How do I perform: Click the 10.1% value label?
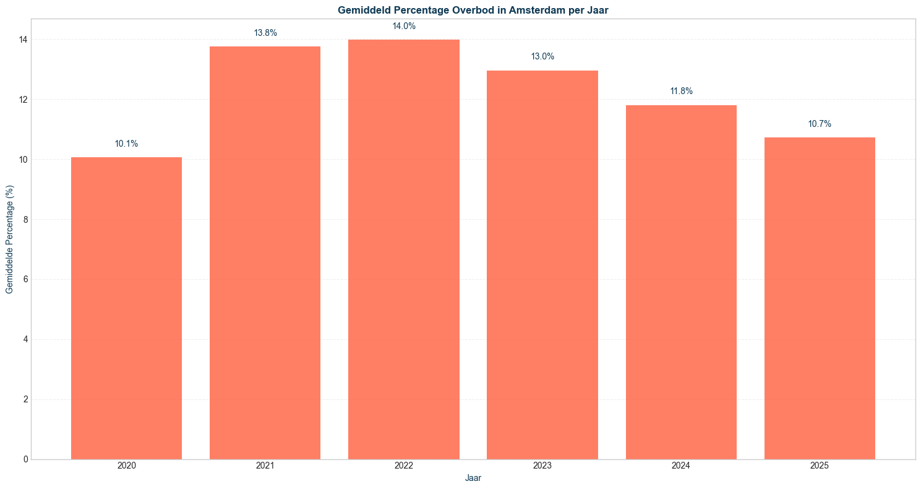click(x=126, y=144)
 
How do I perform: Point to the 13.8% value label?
click(x=265, y=33)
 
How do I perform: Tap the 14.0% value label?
click(x=403, y=27)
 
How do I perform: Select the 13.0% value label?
click(x=542, y=57)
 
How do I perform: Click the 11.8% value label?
click(x=681, y=92)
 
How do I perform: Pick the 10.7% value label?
click(x=820, y=124)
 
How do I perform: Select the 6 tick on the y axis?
click(x=25, y=280)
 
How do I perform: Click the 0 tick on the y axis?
click(x=25, y=459)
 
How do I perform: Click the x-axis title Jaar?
click(x=473, y=478)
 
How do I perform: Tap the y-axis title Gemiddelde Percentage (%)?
click(x=9, y=239)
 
